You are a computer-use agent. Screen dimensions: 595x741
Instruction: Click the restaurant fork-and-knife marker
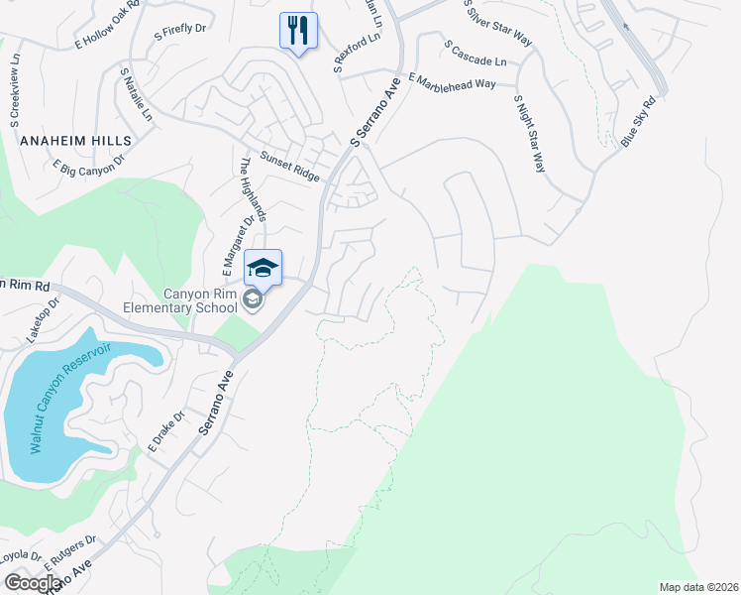(x=298, y=30)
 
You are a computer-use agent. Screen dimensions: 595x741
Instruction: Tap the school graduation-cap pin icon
(x=263, y=268)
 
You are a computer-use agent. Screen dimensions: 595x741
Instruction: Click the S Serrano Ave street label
(x=377, y=114)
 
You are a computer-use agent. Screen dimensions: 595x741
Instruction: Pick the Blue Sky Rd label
(x=639, y=122)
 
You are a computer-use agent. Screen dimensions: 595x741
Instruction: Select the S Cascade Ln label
(x=476, y=54)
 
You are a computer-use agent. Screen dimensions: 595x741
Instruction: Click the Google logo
(x=33, y=582)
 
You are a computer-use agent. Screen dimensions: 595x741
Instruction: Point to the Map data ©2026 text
(x=699, y=587)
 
